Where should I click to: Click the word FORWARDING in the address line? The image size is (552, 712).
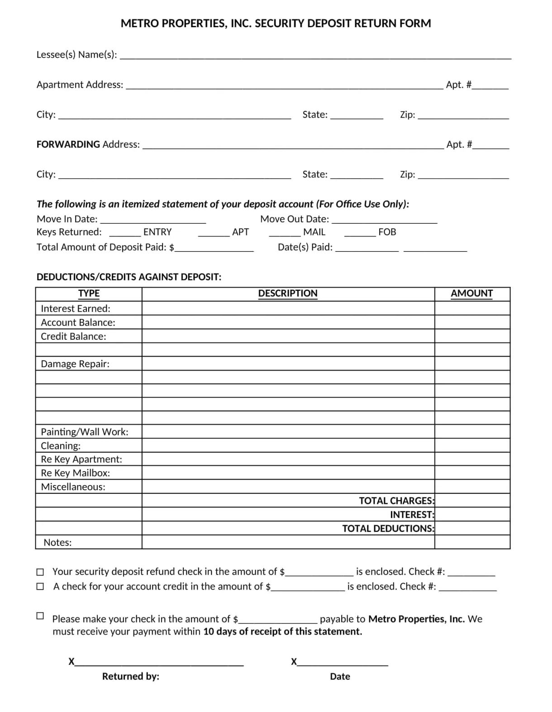[68, 144]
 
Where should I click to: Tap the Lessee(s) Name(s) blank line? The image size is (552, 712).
[315, 56]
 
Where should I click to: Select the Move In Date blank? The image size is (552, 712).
[153, 220]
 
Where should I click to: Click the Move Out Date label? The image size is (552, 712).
[295, 219]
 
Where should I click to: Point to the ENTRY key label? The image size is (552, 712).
[157, 232]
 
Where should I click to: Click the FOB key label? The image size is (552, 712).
[387, 232]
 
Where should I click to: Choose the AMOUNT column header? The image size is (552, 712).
[471, 293]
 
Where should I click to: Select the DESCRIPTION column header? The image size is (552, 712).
[288, 293]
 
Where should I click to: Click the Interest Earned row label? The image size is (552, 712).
[76, 308]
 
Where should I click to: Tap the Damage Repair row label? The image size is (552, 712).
[75, 364]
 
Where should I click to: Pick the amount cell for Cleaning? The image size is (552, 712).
[472, 446]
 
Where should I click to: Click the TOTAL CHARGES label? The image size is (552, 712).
[396, 501]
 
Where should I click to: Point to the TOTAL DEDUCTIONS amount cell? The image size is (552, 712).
[472, 529]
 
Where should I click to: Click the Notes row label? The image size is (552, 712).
[57, 543]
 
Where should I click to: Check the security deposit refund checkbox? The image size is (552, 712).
[40, 572]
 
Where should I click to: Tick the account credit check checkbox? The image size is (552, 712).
[40, 587]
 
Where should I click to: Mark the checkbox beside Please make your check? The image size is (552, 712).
[40, 616]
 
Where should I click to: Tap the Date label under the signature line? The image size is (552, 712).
[340, 677]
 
